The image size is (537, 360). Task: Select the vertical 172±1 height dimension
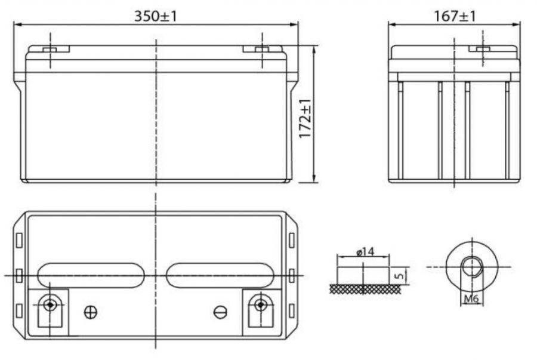tap(305, 119)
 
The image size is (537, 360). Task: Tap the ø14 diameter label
tap(365, 253)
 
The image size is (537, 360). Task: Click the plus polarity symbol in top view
tap(91, 312)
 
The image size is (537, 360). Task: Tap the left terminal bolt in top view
tap(50, 305)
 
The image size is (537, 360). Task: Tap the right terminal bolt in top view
tap(260, 305)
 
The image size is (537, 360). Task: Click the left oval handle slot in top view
tap(91, 275)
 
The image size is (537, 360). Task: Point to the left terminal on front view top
tap(50, 48)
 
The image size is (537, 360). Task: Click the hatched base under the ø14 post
tap(363, 290)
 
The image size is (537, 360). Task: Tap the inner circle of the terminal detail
tap(472, 266)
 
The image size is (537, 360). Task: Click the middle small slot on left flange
tap(18, 275)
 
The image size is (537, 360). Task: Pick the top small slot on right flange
tap(291, 240)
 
